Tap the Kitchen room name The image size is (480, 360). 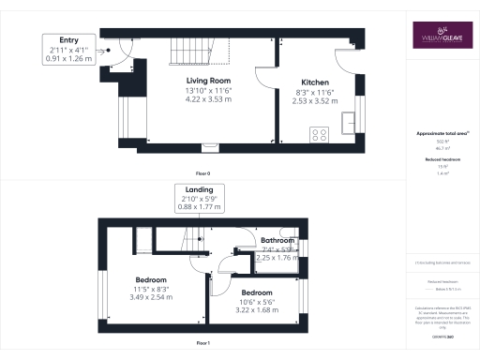coord(314,82)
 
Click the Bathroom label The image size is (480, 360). coord(278,240)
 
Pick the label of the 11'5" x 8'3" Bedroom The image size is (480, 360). coord(151,280)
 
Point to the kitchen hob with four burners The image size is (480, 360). coord(319,133)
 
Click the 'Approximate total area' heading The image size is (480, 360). coord(439,133)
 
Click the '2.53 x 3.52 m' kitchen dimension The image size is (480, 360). coord(314,100)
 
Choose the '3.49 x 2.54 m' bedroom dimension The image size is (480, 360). coord(151,298)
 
